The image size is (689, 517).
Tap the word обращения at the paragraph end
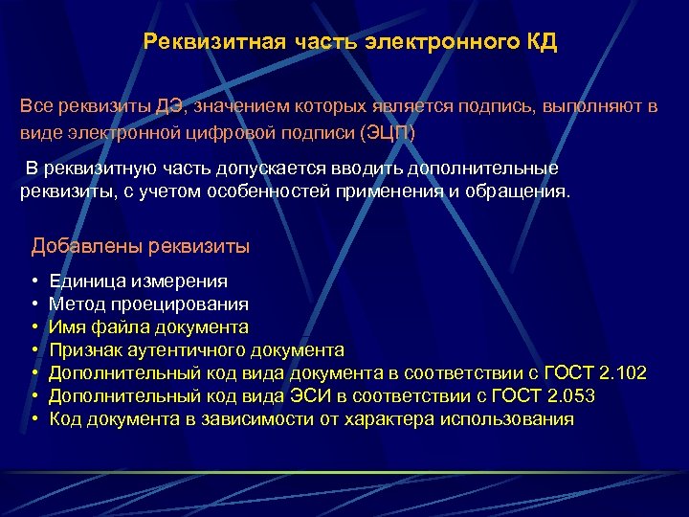[x=522, y=191]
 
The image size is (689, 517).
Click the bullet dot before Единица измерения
[x=34, y=281]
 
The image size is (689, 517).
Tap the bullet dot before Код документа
[x=34, y=419]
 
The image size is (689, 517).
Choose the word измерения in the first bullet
[x=181, y=281]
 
